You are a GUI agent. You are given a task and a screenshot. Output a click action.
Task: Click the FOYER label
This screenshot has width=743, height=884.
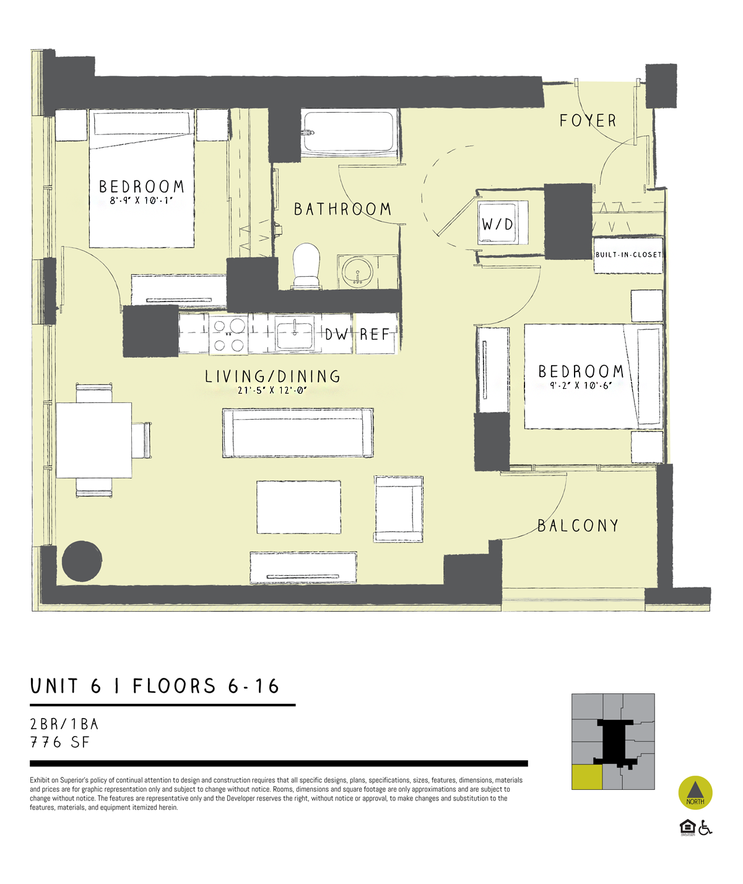click(588, 121)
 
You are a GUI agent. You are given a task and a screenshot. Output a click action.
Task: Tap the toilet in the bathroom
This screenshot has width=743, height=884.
click(306, 265)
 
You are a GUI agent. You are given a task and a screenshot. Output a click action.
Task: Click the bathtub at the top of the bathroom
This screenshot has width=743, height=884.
click(349, 132)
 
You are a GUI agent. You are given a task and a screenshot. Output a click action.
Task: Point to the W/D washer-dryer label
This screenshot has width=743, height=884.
click(498, 224)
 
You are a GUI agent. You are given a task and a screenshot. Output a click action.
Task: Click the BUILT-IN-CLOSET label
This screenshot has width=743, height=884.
click(628, 254)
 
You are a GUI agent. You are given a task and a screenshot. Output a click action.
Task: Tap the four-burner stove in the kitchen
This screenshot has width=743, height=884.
click(228, 335)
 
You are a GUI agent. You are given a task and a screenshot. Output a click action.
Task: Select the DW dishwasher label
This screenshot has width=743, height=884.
click(337, 335)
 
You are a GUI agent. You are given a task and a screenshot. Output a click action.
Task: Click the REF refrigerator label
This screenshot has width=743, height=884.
click(375, 335)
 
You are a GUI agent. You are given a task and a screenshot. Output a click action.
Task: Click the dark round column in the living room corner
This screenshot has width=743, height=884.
click(82, 561)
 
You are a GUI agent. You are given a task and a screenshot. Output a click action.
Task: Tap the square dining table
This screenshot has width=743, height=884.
click(94, 440)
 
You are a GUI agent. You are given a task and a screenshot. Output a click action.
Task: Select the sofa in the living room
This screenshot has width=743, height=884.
click(298, 433)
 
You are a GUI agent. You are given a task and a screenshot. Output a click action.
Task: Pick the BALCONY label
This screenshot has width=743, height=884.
click(578, 526)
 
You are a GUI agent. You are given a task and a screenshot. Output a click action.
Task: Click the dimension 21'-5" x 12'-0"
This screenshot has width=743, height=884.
click(272, 391)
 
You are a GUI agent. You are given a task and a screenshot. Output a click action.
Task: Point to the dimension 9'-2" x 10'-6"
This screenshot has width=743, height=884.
click(581, 385)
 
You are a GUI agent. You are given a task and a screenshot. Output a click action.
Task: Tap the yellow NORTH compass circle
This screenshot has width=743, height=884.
click(695, 792)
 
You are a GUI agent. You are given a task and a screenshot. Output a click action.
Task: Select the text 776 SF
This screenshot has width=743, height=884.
click(60, 742)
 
